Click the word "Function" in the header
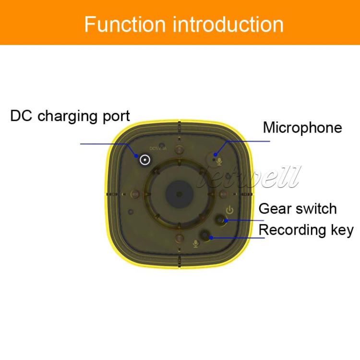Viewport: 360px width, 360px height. tap(126, 24)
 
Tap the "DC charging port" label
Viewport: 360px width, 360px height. tap(70, 116)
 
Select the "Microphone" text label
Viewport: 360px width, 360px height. tap(302, 128)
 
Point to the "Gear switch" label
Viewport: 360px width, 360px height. tap(298, 209)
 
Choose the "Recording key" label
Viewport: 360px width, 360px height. tap(306, 230)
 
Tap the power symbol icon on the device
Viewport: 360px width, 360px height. tap(230, 210)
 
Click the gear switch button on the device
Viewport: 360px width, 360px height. tap(221, 220)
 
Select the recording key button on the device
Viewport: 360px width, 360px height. tap(207, 235)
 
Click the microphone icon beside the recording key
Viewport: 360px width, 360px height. tap(195, 243)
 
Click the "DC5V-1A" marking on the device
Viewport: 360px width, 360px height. tap(158, 148)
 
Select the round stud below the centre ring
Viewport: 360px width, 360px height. tap(179, 239)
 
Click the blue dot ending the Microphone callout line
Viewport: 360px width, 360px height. tap(229, 142)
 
